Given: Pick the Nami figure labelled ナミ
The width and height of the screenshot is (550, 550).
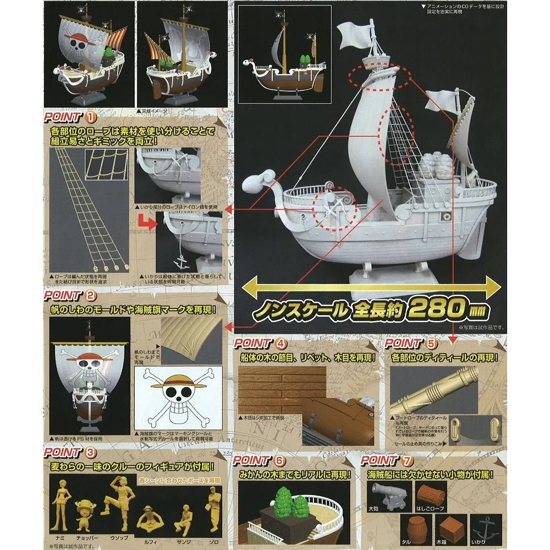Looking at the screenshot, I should (x=60, y=504).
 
